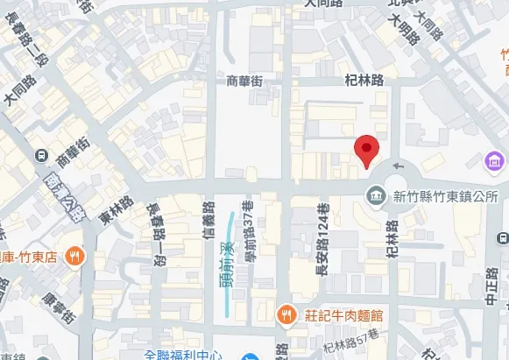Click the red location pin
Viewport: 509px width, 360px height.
tap(366, 151)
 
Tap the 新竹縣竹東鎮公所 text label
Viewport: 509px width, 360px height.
tap(444, 195)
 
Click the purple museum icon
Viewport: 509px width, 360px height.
tap(495, 161)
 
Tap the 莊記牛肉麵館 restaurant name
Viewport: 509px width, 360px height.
tap(340, 314)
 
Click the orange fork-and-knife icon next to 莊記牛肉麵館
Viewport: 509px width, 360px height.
tap(286, 314)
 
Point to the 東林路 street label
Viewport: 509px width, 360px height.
tap(121, 213)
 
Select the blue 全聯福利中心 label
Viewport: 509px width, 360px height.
tap(184, 356)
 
